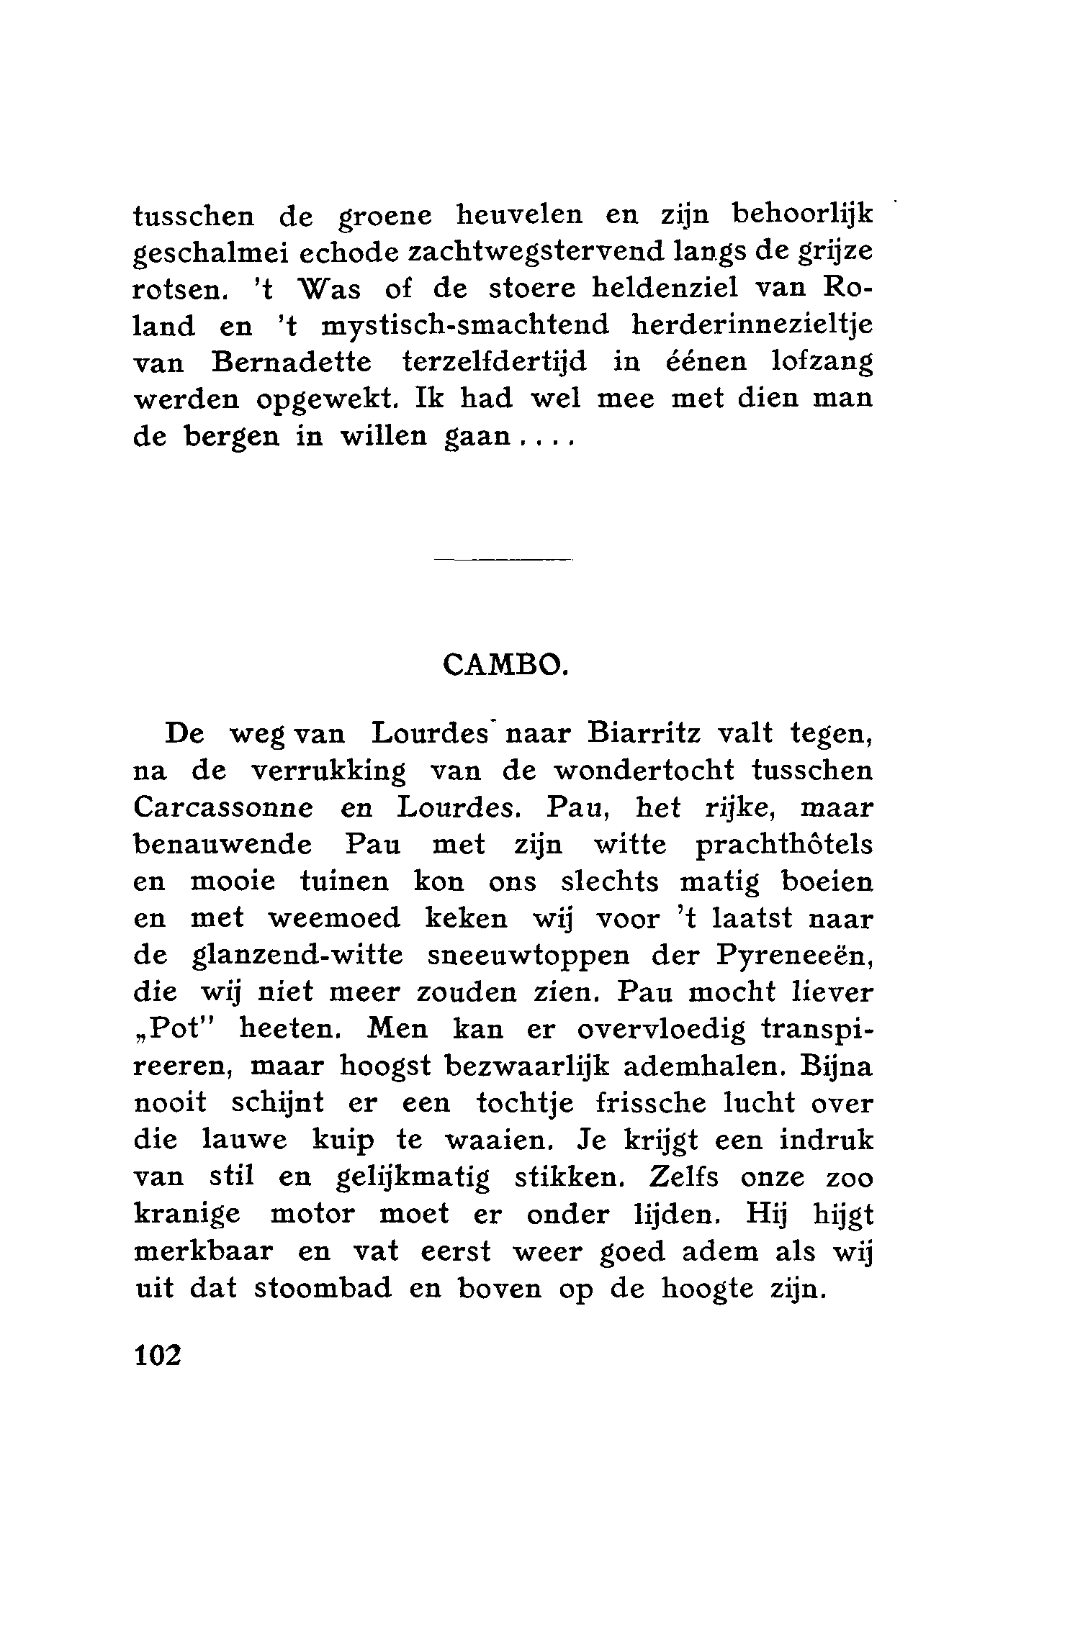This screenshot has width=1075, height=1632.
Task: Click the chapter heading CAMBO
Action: pos(506,664)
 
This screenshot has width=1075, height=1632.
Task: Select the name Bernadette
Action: pos(292,362)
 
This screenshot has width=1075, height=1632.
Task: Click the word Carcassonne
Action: pos(223,808)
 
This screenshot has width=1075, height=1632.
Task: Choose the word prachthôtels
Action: pos(784,845)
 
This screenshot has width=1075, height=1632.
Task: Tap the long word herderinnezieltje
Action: pos(752,325)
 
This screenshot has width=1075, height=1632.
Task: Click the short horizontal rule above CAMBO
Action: pos(503,558)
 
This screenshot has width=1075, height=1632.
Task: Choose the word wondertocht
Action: pos(644,771)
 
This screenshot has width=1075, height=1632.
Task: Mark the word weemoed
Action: pos(333,919)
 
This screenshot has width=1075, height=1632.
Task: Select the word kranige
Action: pos(187,1215)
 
